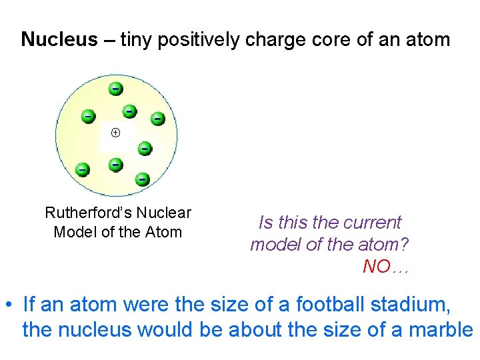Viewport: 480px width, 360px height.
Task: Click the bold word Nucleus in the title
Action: point(59,40)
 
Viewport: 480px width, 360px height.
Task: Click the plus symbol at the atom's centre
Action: point(115,133)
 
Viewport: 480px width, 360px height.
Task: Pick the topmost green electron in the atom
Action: point(115,88)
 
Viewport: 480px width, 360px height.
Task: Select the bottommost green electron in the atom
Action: point(141,179)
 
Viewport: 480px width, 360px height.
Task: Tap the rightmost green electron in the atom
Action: point(157,118)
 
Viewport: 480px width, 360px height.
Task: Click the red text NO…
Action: point(385,267)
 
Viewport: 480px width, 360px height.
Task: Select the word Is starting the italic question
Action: point(265,223)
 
